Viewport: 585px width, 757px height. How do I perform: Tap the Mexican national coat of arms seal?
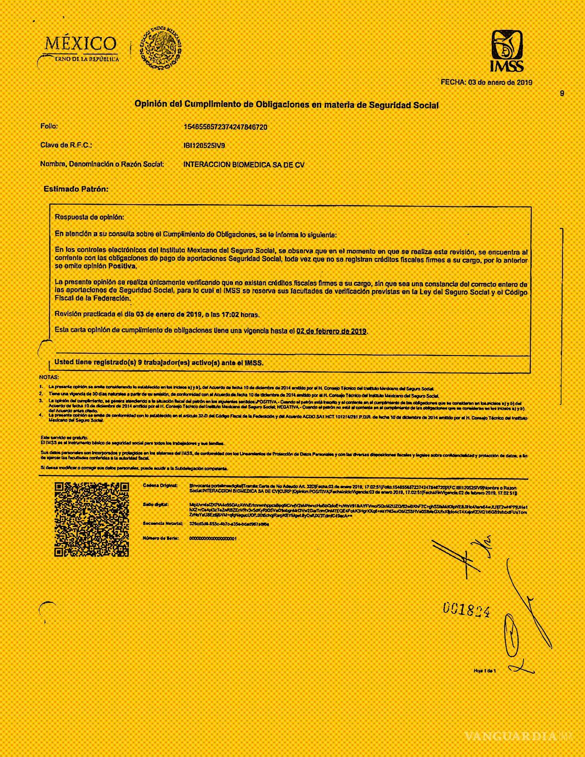(x=161, y=47)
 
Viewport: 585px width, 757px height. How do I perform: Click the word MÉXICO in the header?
(x=81, y=44)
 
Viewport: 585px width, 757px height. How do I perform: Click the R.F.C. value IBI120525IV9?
(x=204, y=145)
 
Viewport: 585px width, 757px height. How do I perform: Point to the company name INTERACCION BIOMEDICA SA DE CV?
(x=244, y=165)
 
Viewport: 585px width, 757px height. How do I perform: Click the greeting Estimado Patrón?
(x=76, y=189)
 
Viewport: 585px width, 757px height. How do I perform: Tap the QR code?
(x=92, y=519)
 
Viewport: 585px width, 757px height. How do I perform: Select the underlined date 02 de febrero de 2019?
(x=331, y=331)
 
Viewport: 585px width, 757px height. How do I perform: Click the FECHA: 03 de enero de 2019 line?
(x=486, y=83)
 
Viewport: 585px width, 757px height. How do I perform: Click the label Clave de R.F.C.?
(x=66, y=145)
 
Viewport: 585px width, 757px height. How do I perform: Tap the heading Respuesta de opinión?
(x=89, y=217)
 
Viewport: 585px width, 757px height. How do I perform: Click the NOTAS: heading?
(x=49, y=377)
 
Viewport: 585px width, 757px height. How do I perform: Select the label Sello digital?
(x=156, y=505)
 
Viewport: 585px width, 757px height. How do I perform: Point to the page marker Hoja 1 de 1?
(x=485, y=671)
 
